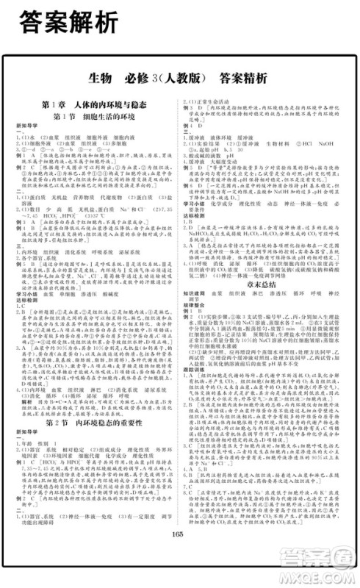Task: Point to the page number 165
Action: [x=180, y=553]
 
